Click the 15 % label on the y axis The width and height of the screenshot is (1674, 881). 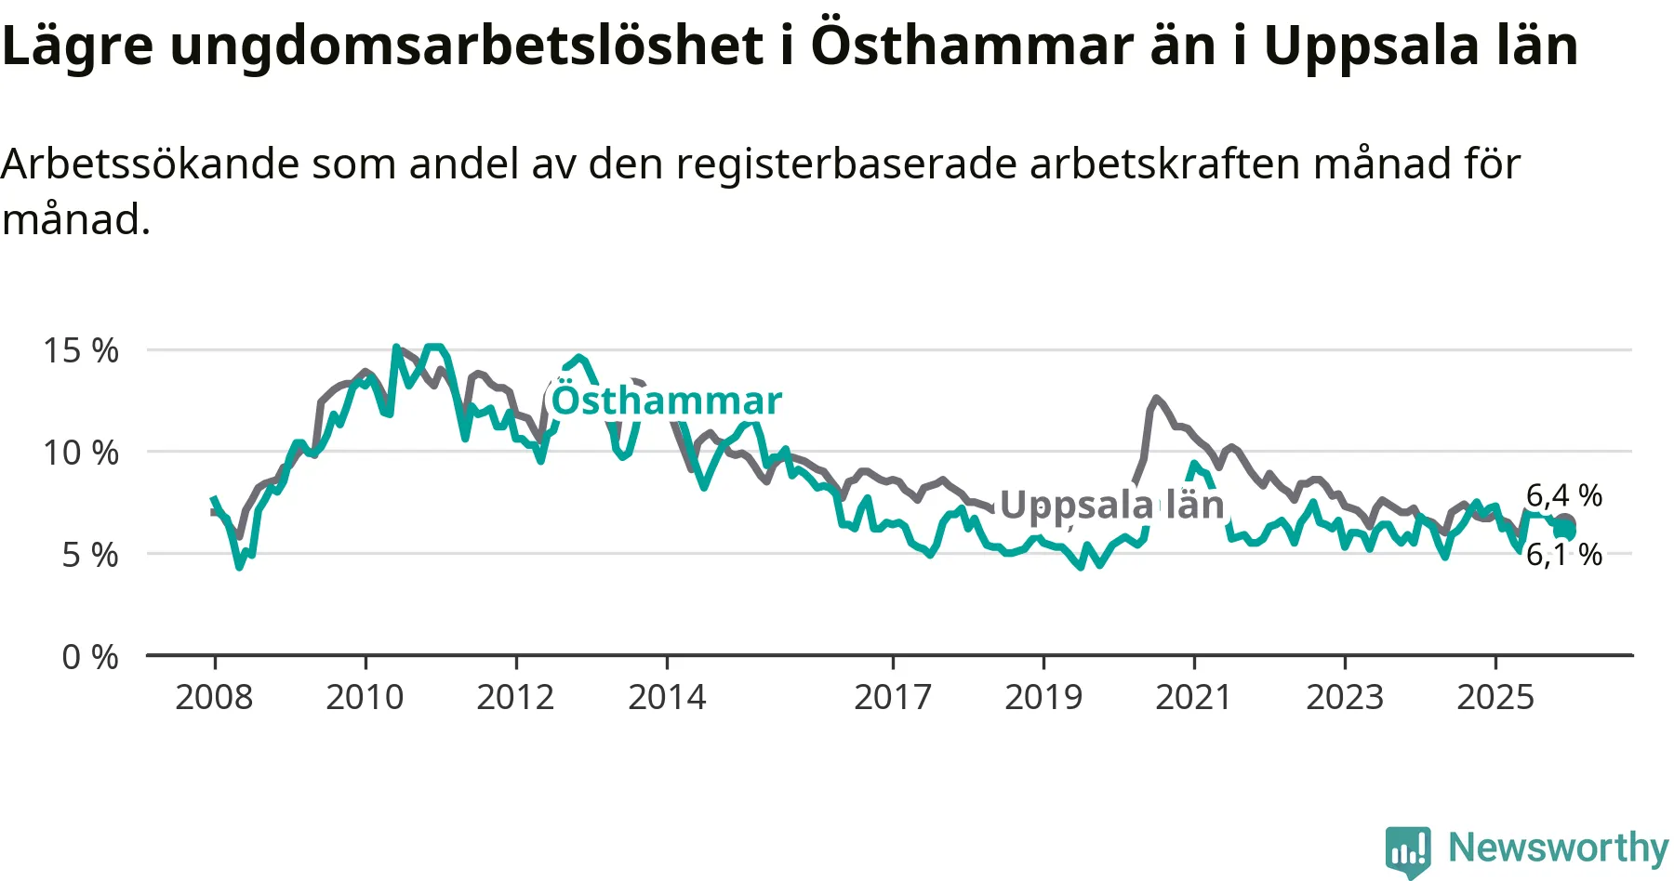81,350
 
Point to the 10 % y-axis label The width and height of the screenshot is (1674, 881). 81,453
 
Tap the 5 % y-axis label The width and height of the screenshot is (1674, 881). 90,555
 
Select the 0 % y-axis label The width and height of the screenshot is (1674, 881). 90,657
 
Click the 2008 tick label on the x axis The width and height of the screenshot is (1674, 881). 214,697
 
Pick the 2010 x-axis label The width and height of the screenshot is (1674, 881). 365,697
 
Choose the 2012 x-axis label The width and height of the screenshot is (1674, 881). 515,697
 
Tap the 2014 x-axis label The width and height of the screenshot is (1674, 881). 667,697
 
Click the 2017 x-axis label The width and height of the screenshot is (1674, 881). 893,697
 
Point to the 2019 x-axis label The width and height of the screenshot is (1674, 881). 1043,697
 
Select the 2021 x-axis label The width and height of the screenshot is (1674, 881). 1194,697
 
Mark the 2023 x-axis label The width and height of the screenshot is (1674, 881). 1345,697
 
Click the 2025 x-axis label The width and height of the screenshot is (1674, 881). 1495,697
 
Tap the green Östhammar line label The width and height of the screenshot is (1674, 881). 667,401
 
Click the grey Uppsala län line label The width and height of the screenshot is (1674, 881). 1112,505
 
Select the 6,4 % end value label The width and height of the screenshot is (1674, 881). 1564,495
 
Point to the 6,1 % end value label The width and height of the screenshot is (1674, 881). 1564,555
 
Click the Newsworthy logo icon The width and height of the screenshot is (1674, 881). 1408,850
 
